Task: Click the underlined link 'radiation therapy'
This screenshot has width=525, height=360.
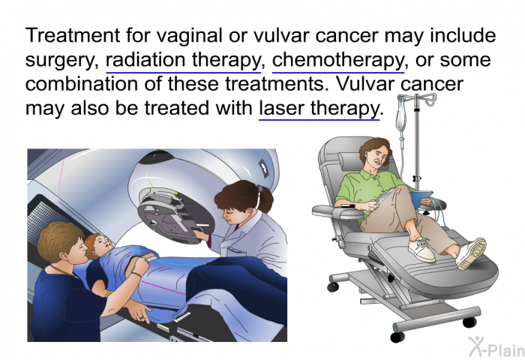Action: point(183,60)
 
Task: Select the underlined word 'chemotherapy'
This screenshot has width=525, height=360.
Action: point(337,60)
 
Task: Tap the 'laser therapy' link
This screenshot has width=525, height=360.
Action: point(319,109)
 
